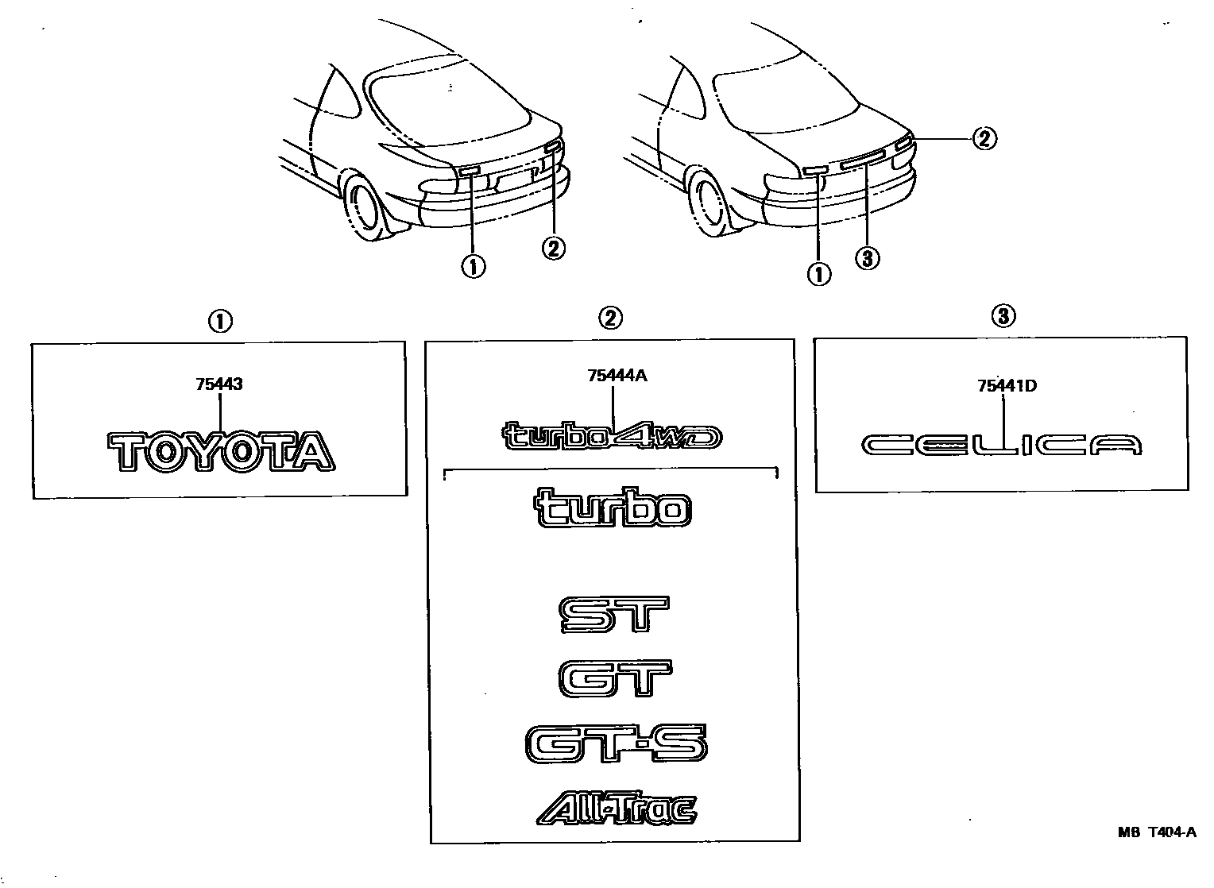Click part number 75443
coord(218,384)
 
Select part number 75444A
coord(617,376)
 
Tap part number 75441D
coord(1007,387)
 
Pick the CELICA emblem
coord(1001,446)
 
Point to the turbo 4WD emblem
coord(613,436)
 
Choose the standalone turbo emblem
coord(613,509)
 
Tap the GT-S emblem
coord(615,744)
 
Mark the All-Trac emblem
coord(617,809)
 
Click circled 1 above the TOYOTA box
coord(219,322)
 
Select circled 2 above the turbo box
coord(609,319)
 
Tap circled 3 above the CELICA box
coord(1003,316)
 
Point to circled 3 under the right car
coord(868,257)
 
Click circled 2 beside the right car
coord(984,139)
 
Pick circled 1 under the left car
coord(474,267)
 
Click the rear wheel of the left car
coord(365,207)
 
